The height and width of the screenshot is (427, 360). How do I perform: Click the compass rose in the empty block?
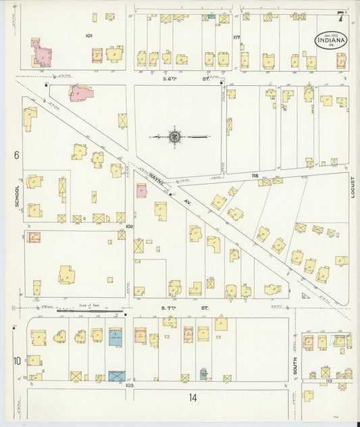(174, 136)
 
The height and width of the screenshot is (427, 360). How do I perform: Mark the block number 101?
(88, 35)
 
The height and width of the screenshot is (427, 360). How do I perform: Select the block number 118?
(255, 176)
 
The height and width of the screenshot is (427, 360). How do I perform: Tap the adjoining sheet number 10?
(16, 361)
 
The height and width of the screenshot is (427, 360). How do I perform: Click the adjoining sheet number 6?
(15, 155)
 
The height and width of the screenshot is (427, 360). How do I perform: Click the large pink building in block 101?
(41, 55)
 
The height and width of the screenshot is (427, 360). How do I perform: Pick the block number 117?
(236, 36)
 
